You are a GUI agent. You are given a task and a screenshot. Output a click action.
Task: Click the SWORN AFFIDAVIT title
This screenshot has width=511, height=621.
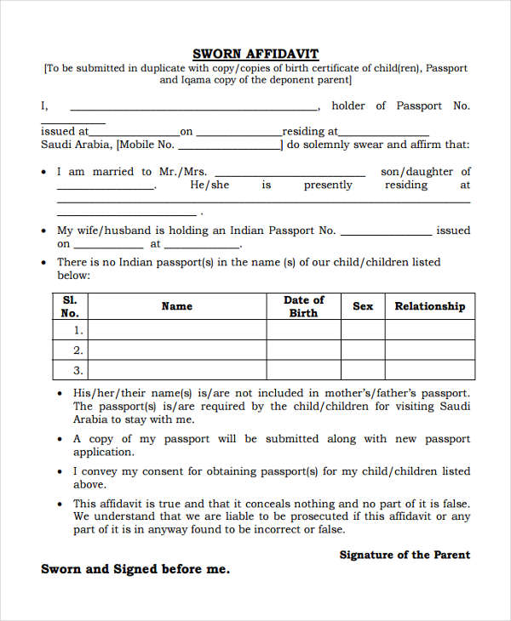pyautogui.click(x=255, y=54)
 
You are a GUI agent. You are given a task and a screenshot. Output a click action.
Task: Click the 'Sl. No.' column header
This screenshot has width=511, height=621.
pyautogui.click(x=70, y=306)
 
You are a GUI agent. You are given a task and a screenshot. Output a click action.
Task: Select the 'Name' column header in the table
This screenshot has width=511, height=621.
pyautogui.click(x=177, y=306)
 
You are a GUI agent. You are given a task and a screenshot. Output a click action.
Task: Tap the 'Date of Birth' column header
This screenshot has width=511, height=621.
pyautogui.click(x=303, y=306)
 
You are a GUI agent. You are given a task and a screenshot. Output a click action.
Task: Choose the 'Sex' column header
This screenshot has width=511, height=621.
pyautogui.click(x=363, y=306)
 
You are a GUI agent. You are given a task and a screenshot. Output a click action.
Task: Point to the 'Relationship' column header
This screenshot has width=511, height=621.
pyautogui.click(x=430, y=306)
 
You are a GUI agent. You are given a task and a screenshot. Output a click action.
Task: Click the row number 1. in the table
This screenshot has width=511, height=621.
pyautogui.click(x=78, y=330)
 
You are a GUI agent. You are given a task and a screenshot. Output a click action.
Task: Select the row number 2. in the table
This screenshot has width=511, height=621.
pyautogui.click(x=78, y=350)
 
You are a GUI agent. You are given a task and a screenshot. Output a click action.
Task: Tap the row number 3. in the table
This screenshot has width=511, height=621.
pyautogui.click(x=78, y=370)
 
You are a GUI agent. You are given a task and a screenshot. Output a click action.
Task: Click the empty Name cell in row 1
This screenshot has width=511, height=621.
pyautogui.click(x=177, y=330)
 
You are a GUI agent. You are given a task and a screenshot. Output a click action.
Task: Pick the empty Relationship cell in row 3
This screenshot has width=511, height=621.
pyautogui.click(x=430, y=370)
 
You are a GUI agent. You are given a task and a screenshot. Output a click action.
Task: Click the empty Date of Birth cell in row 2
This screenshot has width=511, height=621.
pyautogui.click(x=303, y=350)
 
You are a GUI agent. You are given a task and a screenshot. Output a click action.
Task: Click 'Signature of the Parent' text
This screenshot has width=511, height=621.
pyautogui.click(x=405, y=555)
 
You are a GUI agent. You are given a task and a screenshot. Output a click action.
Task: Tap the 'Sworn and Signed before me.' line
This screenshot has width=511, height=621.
pyautogui.click(x=135, y=569)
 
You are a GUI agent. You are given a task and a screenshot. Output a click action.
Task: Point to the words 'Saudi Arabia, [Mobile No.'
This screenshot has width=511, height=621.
pyautogui.click(x=107, y=145)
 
